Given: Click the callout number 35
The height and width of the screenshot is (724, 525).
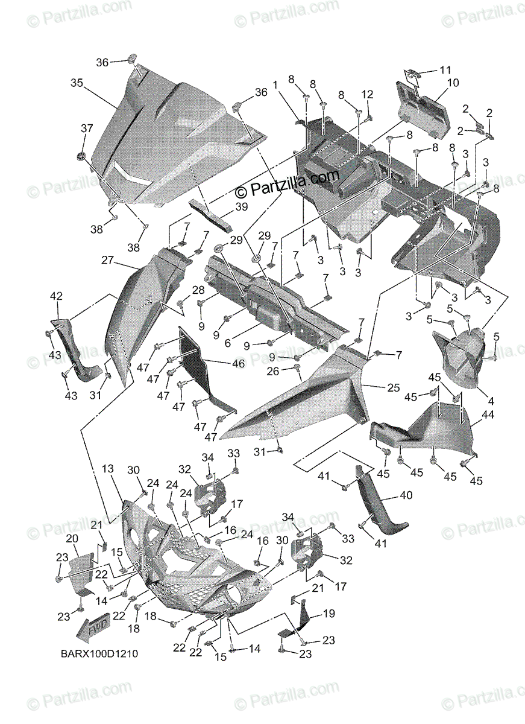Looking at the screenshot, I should coord(77,83).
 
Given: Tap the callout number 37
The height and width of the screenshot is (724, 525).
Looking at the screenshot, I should coord(87,128).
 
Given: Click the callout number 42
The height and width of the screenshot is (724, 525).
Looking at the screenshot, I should coord(56,296).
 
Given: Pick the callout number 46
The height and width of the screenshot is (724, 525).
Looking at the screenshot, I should coord(239,364).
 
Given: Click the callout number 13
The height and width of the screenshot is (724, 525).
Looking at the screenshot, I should coord(107,469).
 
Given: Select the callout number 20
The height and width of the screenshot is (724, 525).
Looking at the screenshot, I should coord(72,538).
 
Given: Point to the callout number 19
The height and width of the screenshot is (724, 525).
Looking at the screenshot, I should coord(329,614).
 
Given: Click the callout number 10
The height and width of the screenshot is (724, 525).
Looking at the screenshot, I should coord(453,82).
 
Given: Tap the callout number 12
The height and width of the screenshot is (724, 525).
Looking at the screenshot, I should coord(368,94).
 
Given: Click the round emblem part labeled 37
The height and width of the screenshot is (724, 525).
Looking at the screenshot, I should coord(80,156).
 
